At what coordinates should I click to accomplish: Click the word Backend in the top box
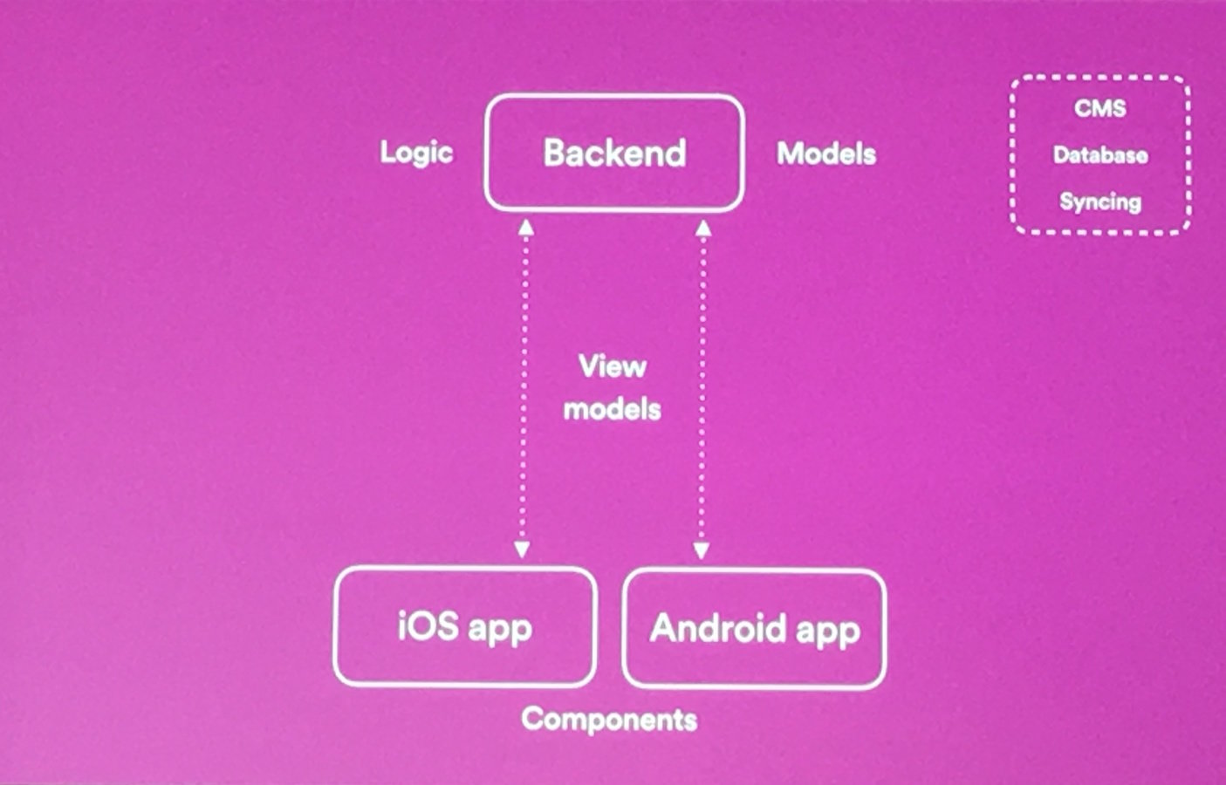tap(614, 154)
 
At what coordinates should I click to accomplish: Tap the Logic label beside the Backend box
tap(416, 153)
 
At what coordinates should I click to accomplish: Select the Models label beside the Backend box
tap(826, 154)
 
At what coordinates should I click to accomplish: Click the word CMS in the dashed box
tap(1099, 109)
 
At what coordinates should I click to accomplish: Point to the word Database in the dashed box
tap(1099, 155)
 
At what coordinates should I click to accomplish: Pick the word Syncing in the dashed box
tap(1099, 202)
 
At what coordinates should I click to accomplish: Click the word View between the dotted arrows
tap(612, 366)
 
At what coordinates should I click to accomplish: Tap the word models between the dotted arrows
tap(612, 409)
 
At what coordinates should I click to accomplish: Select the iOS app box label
tap(464, 627)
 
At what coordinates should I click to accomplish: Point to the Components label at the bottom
tap(609, 720)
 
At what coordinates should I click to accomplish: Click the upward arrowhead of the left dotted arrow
tap(525, 229)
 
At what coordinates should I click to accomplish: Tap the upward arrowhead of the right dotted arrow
tap(703, 229)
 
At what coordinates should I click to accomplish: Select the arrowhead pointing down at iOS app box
tap(522, 549)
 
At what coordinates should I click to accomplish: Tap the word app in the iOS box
tap(499, 629)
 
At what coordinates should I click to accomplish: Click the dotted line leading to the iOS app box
tap(524, 392)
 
